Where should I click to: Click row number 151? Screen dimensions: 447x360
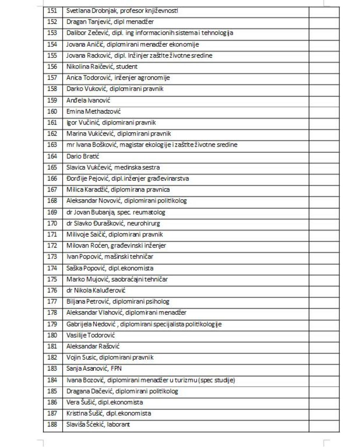52,11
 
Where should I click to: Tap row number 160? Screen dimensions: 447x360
52,111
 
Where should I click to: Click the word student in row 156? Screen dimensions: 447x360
127,67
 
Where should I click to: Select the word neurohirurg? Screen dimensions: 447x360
143,223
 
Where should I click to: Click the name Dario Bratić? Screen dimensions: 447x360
83,156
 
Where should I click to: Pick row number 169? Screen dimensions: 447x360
52,212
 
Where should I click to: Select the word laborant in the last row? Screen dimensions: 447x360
118,424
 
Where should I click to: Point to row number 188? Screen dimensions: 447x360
52,424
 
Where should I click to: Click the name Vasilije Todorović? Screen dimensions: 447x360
91,335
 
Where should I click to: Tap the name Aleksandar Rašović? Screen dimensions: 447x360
93,347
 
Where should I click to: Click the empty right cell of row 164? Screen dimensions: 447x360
324,156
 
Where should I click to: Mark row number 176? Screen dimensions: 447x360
52,290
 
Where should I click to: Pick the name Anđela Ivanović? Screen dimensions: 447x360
88,100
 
